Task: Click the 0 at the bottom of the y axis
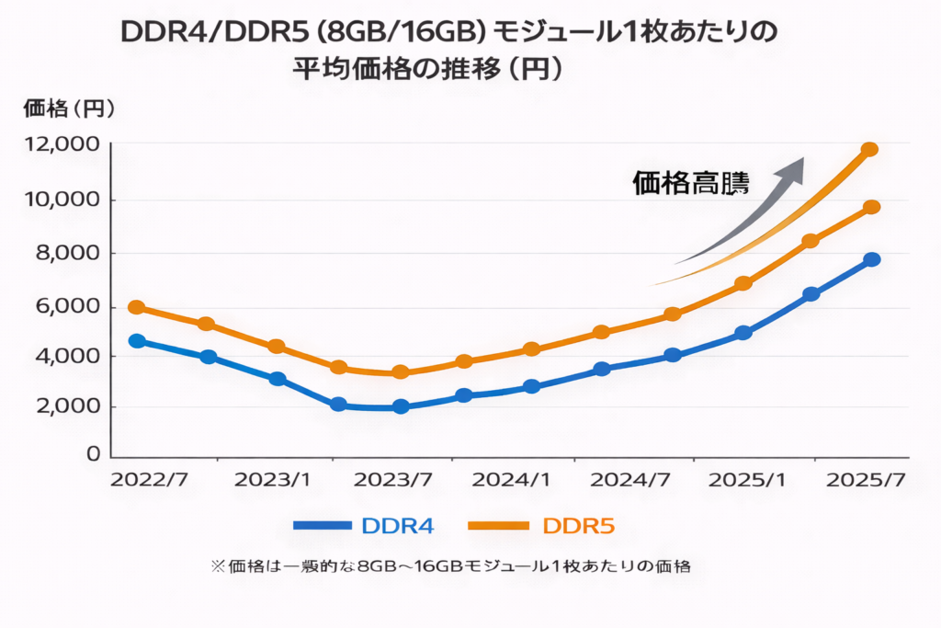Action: tap(92, 454)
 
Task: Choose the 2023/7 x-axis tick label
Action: tap(393, 480)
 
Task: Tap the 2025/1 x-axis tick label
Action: tap(749, 480)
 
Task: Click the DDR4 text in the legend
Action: tap(397, 526)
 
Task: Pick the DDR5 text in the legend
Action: tap(578, 526)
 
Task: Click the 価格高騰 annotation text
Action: tap(691, 184)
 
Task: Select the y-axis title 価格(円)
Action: tap(70, 108)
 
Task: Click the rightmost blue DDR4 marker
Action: tap(871, 260)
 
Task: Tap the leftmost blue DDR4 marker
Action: tap(137, 341)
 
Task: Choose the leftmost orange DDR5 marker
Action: tap(137, 307)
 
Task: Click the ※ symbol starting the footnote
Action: tap(218, 566)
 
